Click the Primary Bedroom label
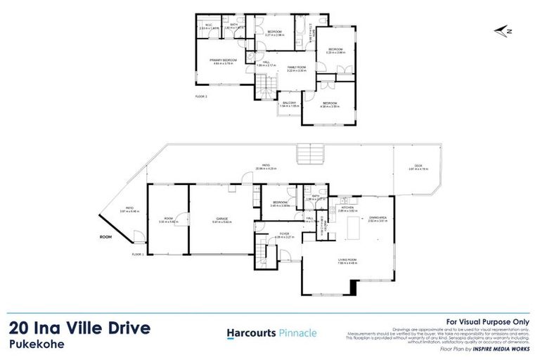click(x=222, y=60)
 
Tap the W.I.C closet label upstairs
click(x=208, y=25)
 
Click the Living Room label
click(x=347, y=259)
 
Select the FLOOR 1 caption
click(x=138, y=254)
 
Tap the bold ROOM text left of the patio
click(x=106, y=238)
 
